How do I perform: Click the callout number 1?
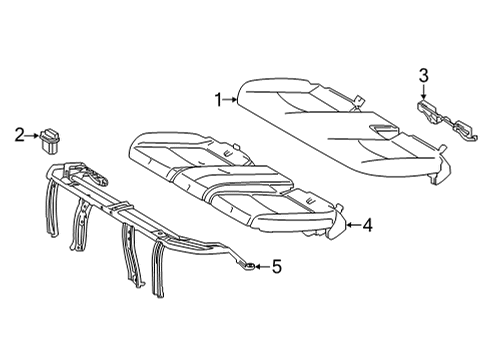point(218,98)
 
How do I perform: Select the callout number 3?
point(423,74)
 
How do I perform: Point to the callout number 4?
point(367,226)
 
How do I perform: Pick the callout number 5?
point(277,266)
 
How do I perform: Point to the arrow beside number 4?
point(350,226)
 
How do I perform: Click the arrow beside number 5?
point(261,266)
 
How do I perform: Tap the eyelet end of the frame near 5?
point(246,265)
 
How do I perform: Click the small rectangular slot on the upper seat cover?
point(381,132)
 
